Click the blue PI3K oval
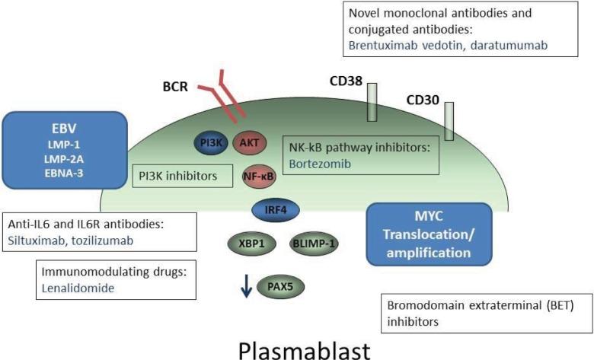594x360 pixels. point(206,142)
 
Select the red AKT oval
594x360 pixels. point(248,142)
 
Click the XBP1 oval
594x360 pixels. point(247,244)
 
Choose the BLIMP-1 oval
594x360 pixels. point(314,244)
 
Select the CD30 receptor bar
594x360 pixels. point(451,122)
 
